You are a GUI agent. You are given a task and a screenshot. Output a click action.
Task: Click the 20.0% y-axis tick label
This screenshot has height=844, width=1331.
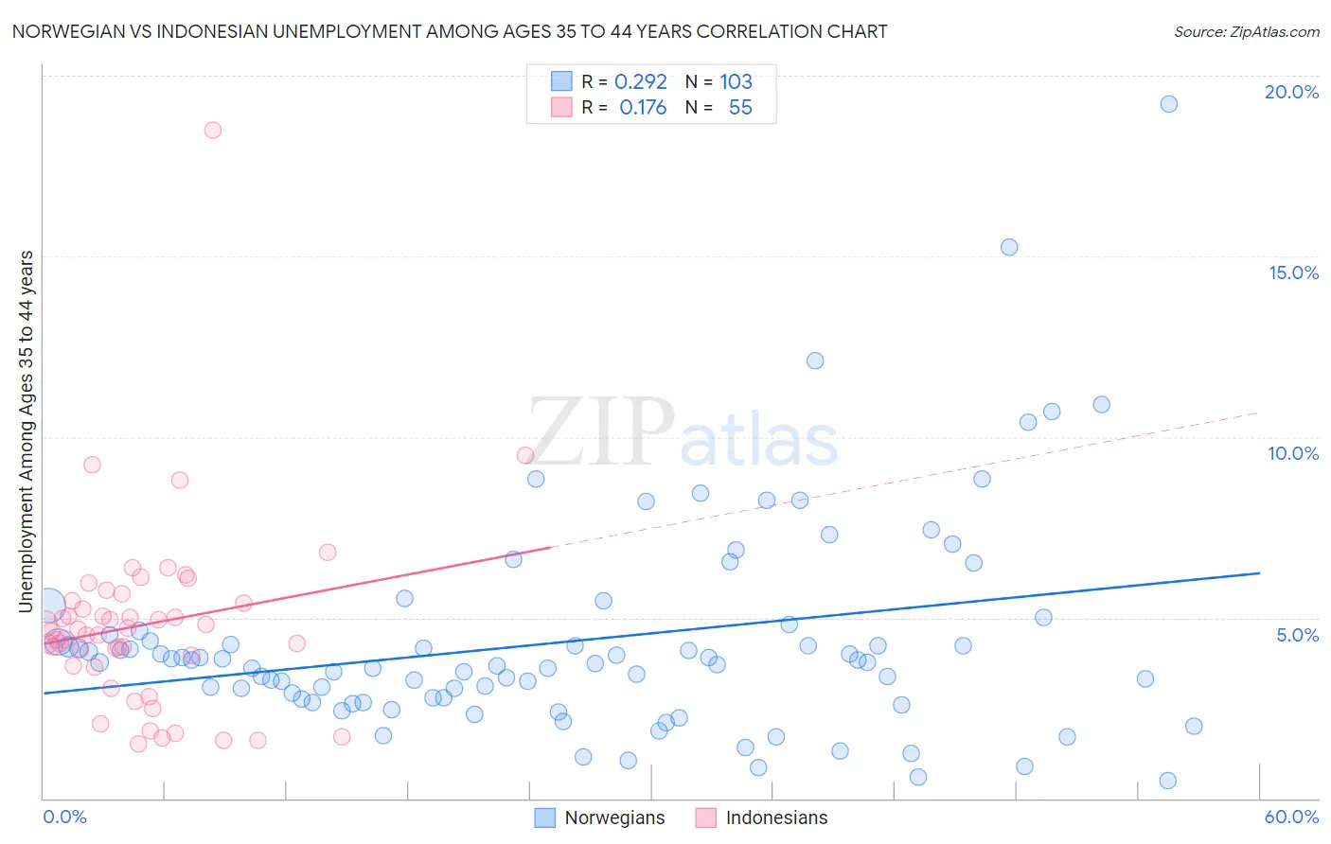click(x=1291, y=92)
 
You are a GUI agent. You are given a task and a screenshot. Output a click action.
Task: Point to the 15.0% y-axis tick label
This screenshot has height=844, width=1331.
click(x=1293, y=273)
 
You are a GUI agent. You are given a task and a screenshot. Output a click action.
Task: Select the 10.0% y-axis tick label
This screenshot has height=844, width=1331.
click(x=1293, y=453)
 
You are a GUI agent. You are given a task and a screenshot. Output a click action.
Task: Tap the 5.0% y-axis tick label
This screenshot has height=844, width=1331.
click(x=1297, y=635)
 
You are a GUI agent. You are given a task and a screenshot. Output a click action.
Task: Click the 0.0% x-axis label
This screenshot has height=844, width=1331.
click(x=64, y=817)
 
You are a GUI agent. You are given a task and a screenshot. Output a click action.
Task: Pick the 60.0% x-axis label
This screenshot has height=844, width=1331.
click(x=1291, y=817)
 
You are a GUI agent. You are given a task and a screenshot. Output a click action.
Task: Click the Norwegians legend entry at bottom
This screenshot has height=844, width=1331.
click(x=599, y=818)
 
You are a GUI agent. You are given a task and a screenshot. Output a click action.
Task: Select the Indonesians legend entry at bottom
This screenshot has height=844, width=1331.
click(x=761, y=818)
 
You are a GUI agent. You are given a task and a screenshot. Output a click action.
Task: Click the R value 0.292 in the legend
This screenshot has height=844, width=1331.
click(x=641, y=81)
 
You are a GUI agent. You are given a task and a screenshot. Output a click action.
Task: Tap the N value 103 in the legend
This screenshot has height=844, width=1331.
click(x=736, y=81)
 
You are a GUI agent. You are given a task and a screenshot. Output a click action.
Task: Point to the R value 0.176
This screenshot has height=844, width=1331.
click(x=643, y=108)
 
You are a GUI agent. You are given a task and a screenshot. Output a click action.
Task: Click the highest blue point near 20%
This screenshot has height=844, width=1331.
click(x=1169, y=104)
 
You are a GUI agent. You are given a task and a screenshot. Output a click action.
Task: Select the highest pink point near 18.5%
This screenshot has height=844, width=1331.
click(x=213, y=131)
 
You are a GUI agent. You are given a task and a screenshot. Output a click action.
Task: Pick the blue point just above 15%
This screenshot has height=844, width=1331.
click(x=1009, y=247)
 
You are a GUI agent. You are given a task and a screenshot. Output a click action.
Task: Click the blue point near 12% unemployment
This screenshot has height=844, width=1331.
click(x=815, y=360)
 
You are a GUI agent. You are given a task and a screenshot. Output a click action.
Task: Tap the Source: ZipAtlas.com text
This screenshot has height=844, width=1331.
click(x=1246, y=32)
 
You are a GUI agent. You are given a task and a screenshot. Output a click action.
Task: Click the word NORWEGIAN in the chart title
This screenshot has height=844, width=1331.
click(x=71, y=31)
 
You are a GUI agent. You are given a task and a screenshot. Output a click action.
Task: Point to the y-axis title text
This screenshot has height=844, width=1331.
click(x=27, y=431)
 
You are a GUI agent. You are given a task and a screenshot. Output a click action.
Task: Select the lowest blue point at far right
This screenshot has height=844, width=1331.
click(x=1168, y=781)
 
